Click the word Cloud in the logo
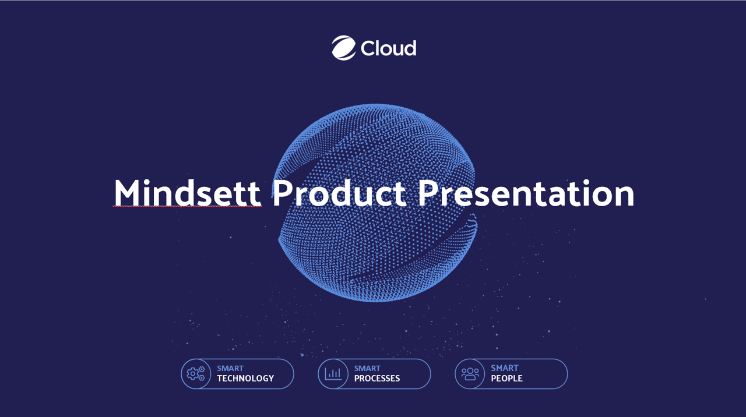388,48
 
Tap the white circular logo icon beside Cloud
344,48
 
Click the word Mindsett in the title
186,193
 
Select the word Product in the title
339,193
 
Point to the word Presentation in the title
526,193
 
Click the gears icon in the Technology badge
196,374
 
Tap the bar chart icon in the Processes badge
333,374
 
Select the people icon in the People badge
470,374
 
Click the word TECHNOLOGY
245,379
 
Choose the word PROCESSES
377,379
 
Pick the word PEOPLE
506,379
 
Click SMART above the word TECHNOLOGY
230,369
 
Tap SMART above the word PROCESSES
367,369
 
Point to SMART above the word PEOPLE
504,368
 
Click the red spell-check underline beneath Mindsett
186,207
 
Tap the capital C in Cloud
368,48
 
